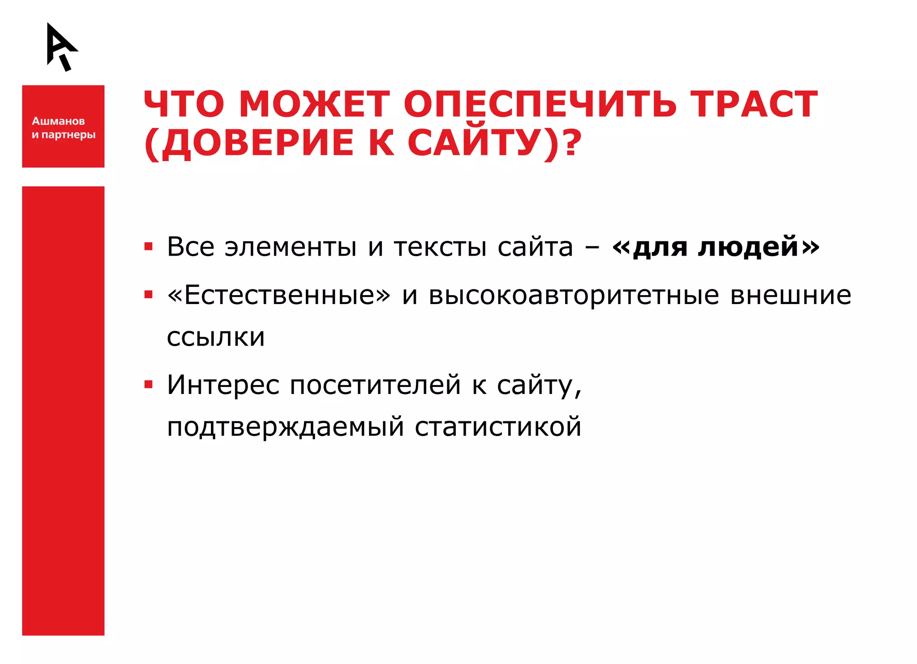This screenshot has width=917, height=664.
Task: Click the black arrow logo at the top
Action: pos(61,47)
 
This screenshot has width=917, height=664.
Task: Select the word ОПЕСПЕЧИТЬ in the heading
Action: pos(540,104)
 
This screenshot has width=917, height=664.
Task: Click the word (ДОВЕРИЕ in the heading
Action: pos(249,143)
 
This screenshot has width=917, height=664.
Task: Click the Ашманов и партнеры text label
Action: pos(63,128)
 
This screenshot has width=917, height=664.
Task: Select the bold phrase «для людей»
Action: pos(716,247)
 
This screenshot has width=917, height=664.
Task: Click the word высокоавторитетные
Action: pos(574,296)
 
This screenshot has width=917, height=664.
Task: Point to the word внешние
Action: pos(791,296)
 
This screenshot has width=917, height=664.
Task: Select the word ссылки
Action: pos(216,337)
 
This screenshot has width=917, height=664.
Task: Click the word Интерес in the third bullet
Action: pos(223,385)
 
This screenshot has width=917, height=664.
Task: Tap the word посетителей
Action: pos(375,385)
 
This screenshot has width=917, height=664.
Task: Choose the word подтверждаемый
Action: pos(285,427)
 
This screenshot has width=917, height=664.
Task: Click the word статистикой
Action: pos(498,427)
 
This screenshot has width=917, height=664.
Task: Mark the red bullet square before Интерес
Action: pos(149,385)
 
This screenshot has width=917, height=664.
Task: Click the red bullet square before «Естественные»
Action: pos(149,295)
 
